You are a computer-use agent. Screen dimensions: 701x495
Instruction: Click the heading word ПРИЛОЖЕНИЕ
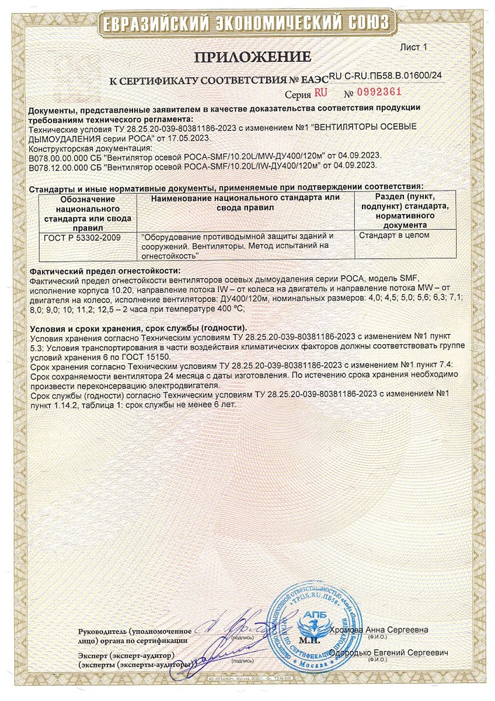click(253, 57)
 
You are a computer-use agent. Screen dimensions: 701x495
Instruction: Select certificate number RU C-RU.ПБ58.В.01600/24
click(385, 75)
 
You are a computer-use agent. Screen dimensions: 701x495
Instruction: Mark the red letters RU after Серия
click(320, 92)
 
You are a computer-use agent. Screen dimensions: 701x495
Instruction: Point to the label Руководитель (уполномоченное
click(135, 631)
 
